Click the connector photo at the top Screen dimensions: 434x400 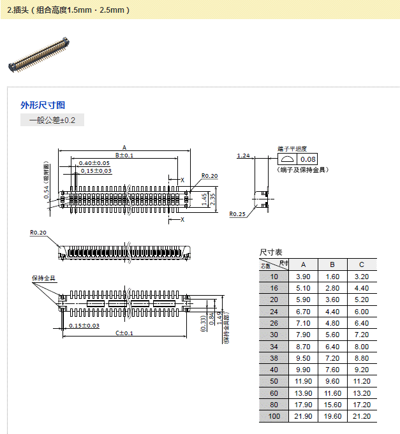[39, 54]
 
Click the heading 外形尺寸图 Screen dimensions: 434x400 [43, 105]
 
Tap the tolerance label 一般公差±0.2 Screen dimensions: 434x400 [52, 120]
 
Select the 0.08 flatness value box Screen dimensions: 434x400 [308, 159]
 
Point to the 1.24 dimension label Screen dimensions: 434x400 [243, 156]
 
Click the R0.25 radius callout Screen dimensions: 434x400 [237, 214]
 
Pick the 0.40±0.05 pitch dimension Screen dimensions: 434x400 [94, 163]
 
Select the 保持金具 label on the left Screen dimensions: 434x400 [44, 278]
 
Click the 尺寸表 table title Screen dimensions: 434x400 [270, 252]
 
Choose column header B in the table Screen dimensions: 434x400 [332, 264]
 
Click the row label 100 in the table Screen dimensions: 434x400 [274, 416]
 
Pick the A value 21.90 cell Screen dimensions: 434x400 [304, 416]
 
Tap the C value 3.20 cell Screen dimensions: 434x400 [361, 277]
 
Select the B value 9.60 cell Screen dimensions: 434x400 [332, 381]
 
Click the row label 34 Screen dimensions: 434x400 [274, 346]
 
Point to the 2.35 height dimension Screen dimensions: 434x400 [213, 199]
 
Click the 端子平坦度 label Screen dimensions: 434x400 [292, 148]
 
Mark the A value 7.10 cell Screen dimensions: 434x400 [304, 323]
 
